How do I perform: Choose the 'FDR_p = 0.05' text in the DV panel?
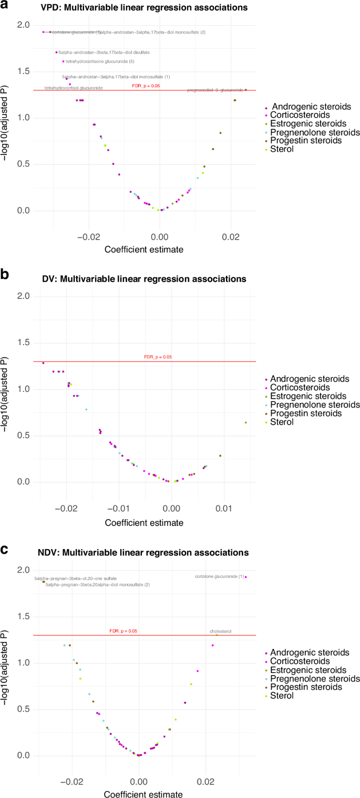pos(158,357)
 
